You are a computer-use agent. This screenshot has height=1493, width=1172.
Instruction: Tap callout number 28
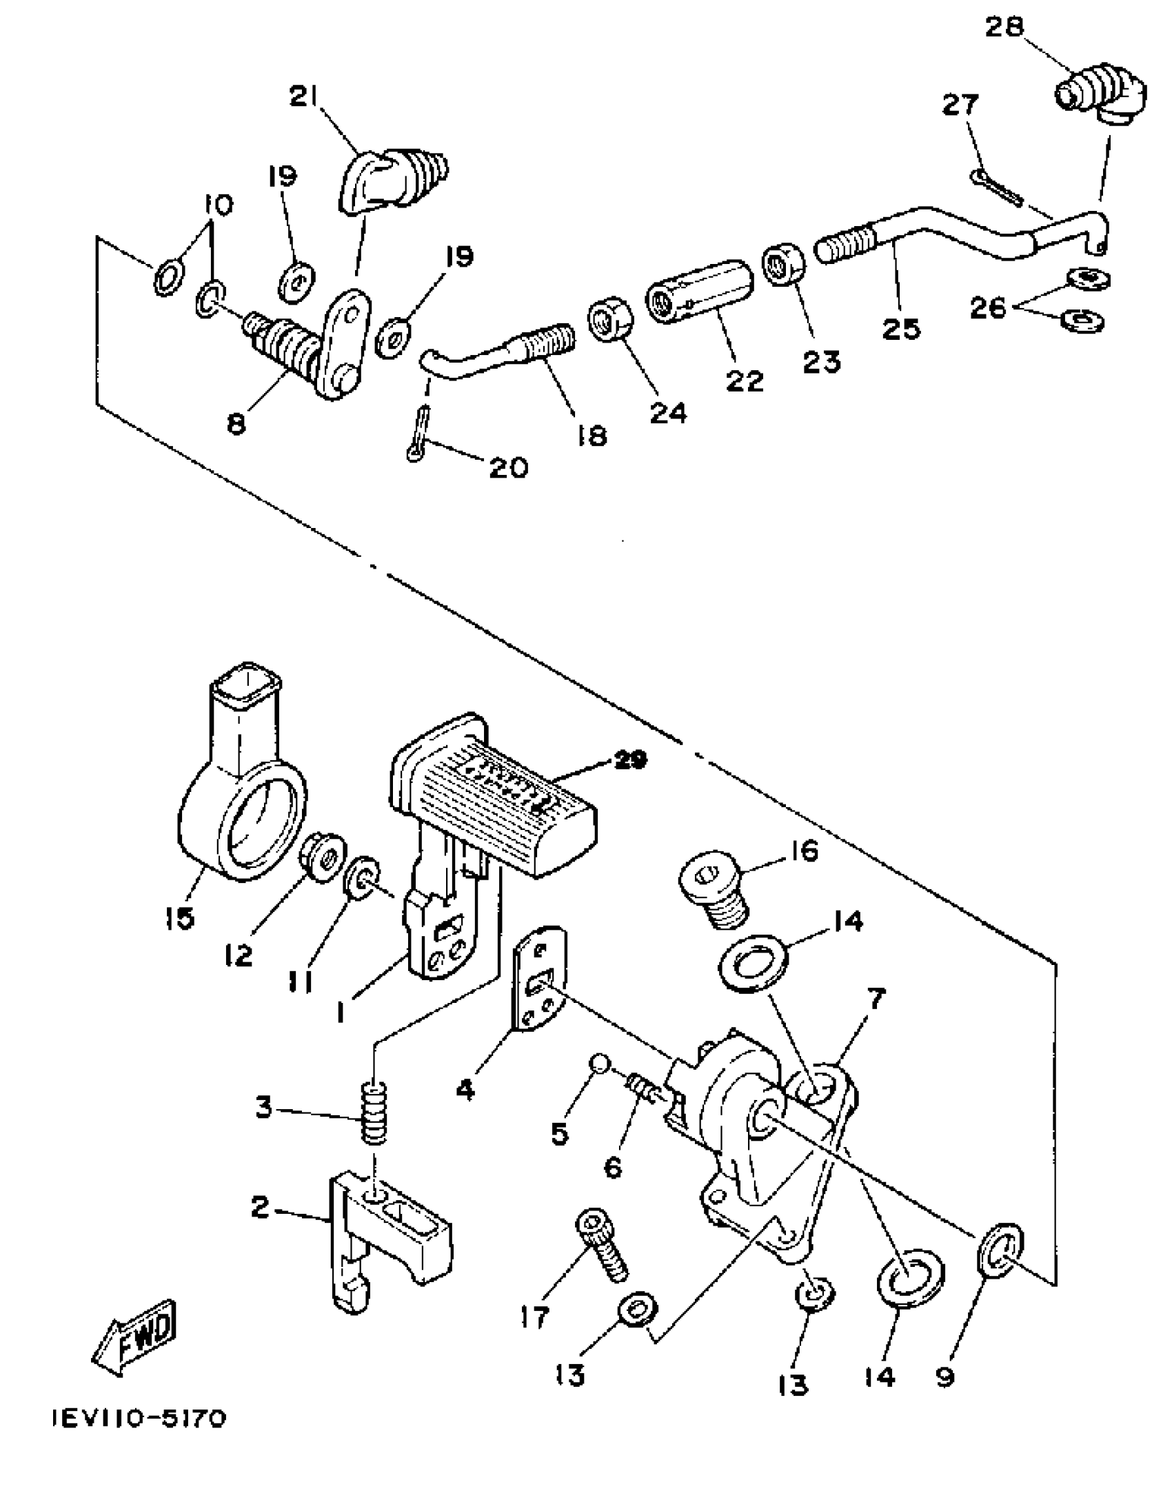pos(1004,28)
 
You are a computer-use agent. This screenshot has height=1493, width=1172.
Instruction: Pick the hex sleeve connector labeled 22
pos(698,292)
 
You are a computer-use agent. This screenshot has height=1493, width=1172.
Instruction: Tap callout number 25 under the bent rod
pos(900,329)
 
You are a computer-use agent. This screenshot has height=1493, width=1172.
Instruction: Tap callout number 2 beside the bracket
pos(259,1207)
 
